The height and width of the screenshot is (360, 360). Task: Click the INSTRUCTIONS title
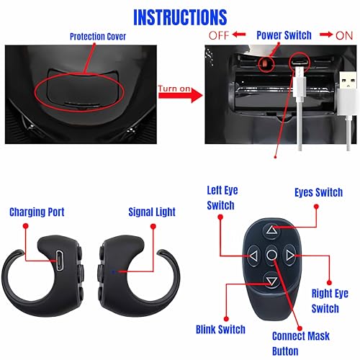(x=180, y=17)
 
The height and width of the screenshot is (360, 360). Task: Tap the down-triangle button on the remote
(x=271, y=281)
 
